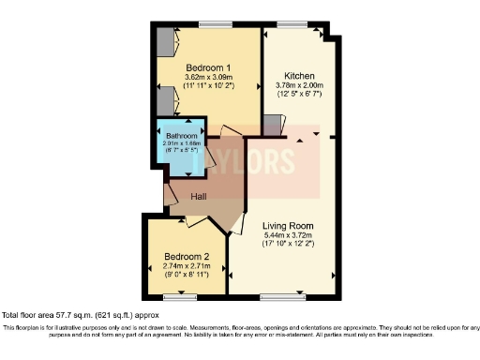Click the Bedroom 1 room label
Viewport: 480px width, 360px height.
coord(208,68)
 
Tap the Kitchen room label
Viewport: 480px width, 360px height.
coord(298,75)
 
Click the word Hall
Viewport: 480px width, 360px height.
coord(199,197)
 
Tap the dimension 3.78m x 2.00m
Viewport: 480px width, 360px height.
coord(298,85)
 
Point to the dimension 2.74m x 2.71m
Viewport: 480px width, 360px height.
coord(187,267)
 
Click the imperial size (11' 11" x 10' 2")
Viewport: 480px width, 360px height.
coord(208,88)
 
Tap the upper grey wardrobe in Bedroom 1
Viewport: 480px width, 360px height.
coord(165,43)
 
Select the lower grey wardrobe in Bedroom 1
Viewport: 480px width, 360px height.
coord(165,101)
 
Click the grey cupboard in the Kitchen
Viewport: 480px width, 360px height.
coord(273,125)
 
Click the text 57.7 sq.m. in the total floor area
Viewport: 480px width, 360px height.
coord(74,315)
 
